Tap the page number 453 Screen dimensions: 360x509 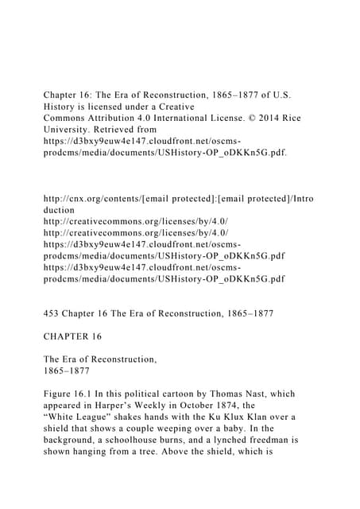point(53,314)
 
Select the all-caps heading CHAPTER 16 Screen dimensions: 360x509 point(72,336)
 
